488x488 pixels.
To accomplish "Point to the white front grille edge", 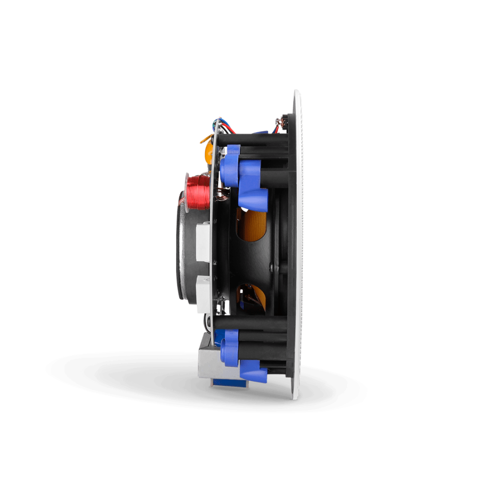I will pos(297,244).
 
